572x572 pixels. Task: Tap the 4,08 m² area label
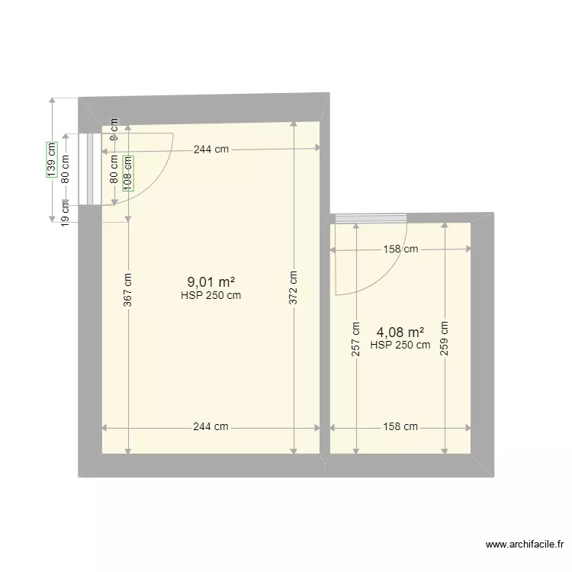(400, 333)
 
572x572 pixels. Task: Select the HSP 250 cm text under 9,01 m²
(210, 296)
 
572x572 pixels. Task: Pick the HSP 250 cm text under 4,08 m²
(400, 345)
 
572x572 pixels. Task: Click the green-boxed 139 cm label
(51, 159)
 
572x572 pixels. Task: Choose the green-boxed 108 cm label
(128, 170)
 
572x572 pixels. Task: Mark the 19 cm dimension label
(66, 215)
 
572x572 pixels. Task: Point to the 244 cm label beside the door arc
(210, 149)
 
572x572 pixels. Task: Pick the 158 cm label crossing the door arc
(400, 249)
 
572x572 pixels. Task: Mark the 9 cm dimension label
(114, 130)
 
